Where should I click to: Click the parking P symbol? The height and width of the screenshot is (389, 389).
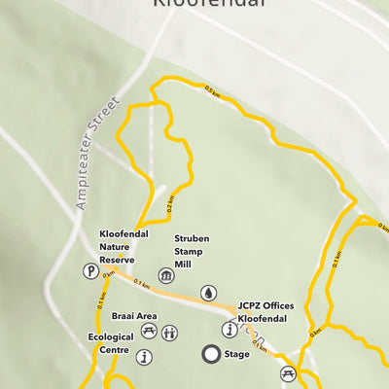(89, 272)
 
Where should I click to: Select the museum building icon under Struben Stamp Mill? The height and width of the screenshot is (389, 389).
(166, 277)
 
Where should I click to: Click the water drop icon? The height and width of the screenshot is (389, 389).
(208, 293)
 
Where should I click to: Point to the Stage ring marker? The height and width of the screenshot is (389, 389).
(210, 354)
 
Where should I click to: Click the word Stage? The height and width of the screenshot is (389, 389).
(236, 354)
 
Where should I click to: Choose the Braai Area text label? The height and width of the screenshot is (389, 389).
(134, 316)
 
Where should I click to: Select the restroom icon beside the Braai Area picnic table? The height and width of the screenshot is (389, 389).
(170, 333)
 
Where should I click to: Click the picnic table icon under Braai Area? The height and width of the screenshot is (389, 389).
(149, 332)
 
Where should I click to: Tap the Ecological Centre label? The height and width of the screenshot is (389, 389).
(108, 344)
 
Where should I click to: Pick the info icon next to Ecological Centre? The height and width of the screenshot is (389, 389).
(145, 358)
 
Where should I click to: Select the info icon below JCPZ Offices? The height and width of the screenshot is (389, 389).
(230, 329)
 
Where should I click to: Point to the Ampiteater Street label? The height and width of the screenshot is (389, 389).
(97, 153)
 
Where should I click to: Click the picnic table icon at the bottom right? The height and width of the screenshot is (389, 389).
(288, 373)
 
